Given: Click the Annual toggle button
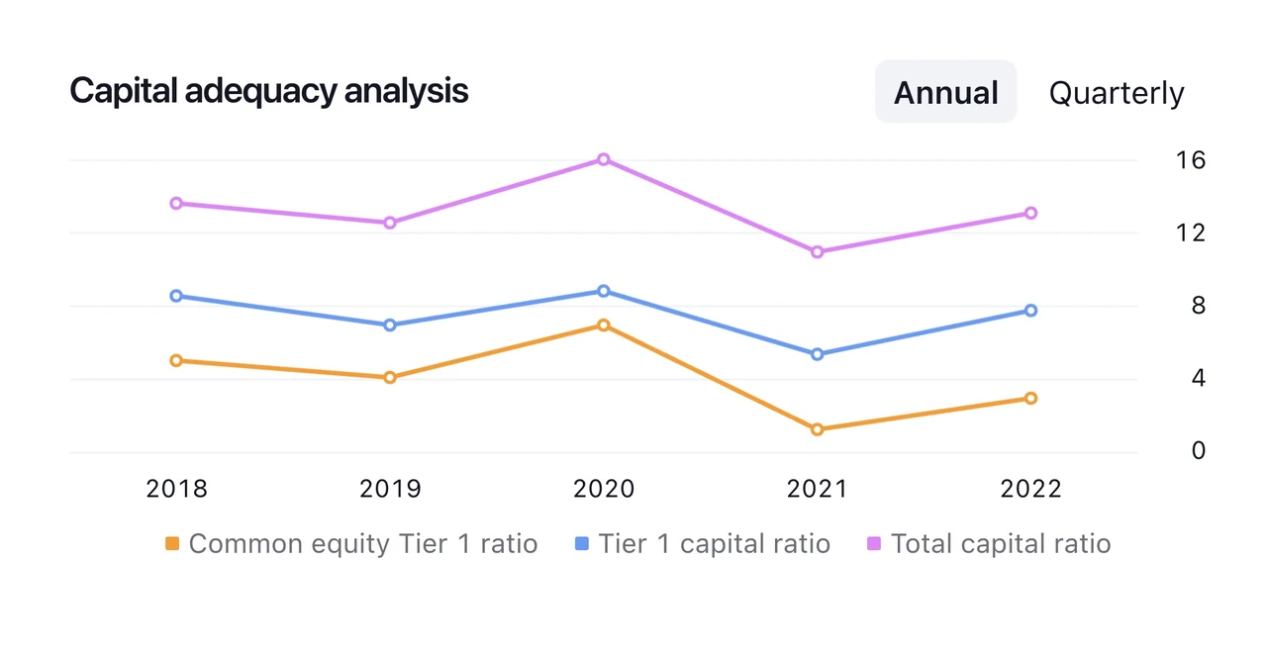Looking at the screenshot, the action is [x=945, y=92].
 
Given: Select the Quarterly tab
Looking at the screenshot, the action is [x=1116, y=93].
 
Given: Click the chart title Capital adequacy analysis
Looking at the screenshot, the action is [x=268, y=91].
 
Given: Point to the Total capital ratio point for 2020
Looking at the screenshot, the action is [x=604, y=159].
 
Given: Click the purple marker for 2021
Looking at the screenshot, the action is [x=817, y=251].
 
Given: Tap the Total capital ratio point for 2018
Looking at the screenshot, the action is [x=176, y=203].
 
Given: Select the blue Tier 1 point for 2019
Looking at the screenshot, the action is [x=390, y=326].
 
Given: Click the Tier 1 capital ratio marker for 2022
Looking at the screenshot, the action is [x=1030, y=311].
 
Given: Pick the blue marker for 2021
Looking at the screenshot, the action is [x=817, y=354].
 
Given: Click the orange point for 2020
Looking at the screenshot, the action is [x=604, y=326].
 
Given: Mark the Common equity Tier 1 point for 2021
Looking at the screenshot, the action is [x=817, y=429].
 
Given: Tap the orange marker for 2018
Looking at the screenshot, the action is [x=176, y=360].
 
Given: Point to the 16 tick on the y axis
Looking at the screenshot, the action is [x=1191, y=160].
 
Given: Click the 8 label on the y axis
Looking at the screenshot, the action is [x=1198, y=306].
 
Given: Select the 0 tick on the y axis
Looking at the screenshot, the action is [x=1198, y=451].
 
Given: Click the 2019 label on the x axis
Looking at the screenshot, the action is [x=390, y=489].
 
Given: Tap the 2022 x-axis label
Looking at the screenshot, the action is [x=1030, y=489].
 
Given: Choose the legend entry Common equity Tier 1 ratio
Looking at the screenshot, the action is [x=351, y=544].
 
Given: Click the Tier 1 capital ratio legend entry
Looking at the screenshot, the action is [x=703, y=544].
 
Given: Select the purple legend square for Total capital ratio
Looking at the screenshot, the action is [x=874, y=543].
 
